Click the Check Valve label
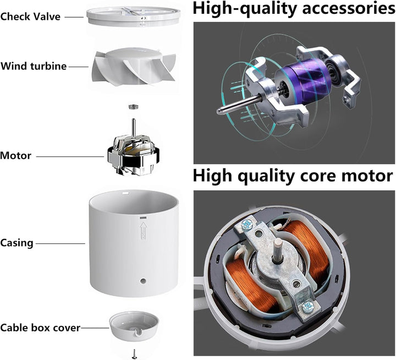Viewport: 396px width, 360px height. click(30, 17)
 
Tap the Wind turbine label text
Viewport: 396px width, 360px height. click(34, 66)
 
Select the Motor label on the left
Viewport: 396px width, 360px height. click(15, 155)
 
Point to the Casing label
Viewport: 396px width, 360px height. click(16, 243)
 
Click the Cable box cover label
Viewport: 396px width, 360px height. click(40, 328)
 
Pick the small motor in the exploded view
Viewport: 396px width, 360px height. click(133, 152)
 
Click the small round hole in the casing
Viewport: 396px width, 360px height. click(143, 281)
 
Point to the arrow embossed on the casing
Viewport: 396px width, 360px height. click(144, 231)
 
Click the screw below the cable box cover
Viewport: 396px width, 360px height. click(134, 354)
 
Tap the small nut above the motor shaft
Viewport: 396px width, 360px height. click(134, 107)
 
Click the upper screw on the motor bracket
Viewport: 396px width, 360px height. click(246, 225)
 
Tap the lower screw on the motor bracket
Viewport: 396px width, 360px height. click(307, 307)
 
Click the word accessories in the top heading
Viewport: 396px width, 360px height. click(349, 8)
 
